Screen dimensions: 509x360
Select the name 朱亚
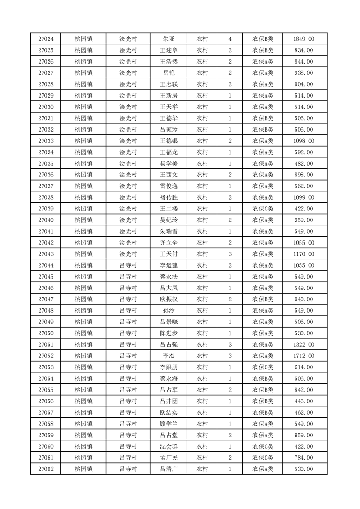tap(168, 39)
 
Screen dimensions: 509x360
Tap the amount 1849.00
tap(304, 39)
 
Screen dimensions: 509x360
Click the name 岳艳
tap(168, 73)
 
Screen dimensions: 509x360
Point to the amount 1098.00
tap(304, 141)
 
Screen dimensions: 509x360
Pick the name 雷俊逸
tap(168, 186)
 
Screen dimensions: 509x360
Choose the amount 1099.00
tap(304, 197)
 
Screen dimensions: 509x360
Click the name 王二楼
tap(168, 209)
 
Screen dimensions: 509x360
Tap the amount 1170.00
tap(304, 254)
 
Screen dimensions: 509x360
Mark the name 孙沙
tap(168, 311)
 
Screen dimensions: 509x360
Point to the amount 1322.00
tap(304, 345)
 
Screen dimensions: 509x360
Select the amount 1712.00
tap(304, 356)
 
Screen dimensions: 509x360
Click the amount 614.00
tap(304, 367)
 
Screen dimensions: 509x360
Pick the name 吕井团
tap(168, 401)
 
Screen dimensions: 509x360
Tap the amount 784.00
tap(304, 458)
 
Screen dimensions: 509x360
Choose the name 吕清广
tap(168, 469)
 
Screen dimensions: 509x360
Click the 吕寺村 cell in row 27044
tap(128, 265)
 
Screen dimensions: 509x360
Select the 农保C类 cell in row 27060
tap(263, 446)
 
